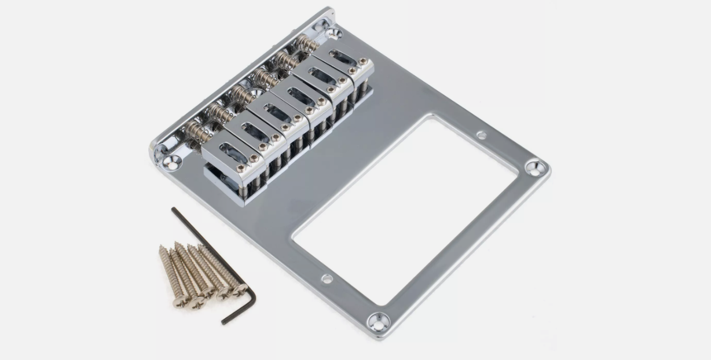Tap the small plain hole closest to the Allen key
(327, 279)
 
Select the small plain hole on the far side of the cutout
(481, 135)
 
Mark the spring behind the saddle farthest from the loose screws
(307, 43)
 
